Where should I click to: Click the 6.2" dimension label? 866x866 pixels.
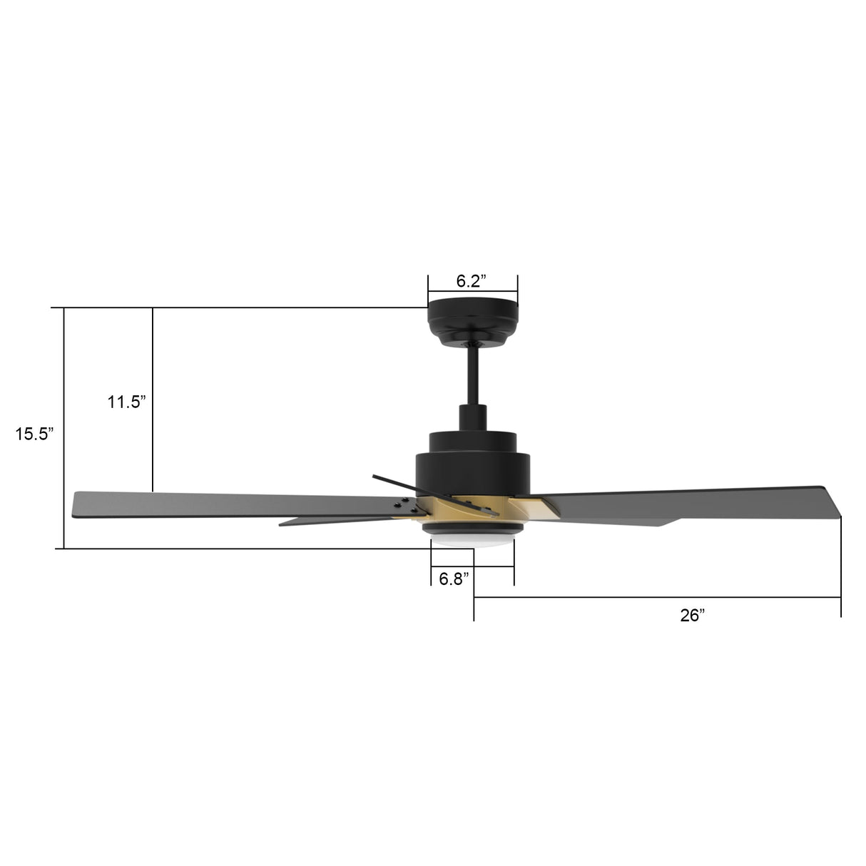click(x=472, y=281)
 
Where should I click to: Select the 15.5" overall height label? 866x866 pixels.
click(x=35, y=434)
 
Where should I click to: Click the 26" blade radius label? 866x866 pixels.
click(x=692, y=616)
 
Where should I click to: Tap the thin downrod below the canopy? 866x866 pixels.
click(x=472, y=375)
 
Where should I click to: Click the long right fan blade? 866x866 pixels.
click(x=685, y=504)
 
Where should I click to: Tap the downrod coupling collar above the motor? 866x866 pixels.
click(x=472, y=417)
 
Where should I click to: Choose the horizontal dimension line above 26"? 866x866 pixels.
click(x=656, y=597)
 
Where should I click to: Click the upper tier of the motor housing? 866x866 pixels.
click(x=472, y=440)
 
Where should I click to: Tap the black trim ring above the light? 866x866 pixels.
click(x=472, y=529)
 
